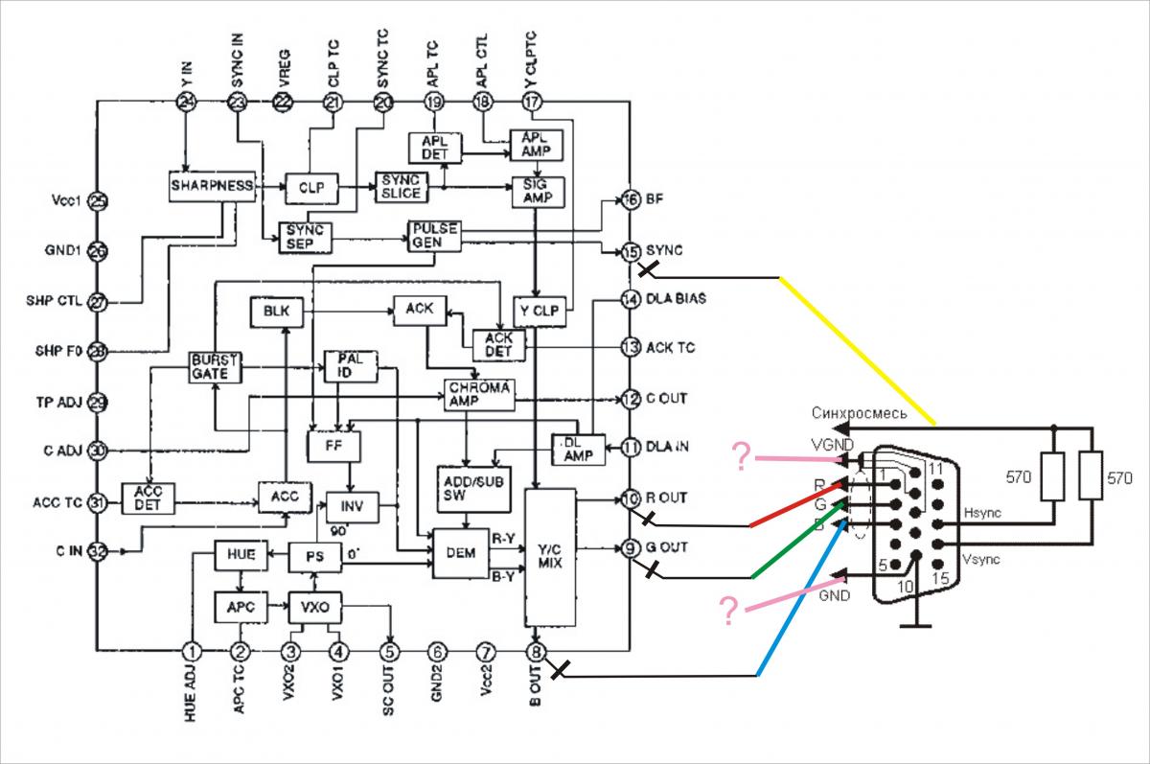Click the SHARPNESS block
click(x=212, y=185)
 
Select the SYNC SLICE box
click(x=400, y=187)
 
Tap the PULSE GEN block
click(x=433, y=236)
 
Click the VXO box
click(x=315, y=607)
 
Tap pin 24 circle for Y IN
click(x=186, y=103)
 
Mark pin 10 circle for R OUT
click(x=630, y=498)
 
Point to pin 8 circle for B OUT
click(x=537, y=652)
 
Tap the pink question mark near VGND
click(x=740, y=456)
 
